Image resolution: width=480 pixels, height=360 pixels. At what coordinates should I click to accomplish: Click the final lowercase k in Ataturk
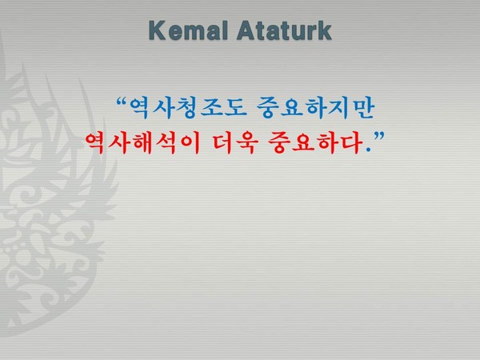[x=324, y=32]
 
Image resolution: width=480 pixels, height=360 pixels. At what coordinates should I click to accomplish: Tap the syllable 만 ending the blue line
[x=362, y=108]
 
